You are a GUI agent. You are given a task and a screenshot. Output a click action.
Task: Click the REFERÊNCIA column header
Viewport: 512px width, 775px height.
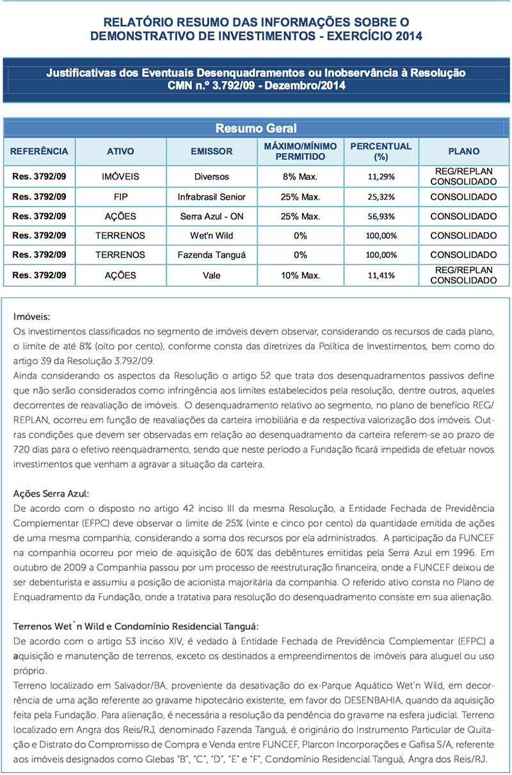pyautogui.click(x=39, y=152)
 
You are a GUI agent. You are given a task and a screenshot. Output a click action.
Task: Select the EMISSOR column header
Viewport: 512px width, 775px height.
pyautogui.click(x=211, y=152)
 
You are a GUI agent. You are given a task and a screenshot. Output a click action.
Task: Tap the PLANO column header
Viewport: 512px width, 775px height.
pyautogui.click(x=463, y=152)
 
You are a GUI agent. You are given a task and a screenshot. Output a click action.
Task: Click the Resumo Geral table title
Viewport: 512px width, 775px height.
pyautogui.click(x=256, y=128)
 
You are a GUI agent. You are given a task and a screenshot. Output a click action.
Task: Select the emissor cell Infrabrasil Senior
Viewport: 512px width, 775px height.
pyautogui.click(x=211, y=196)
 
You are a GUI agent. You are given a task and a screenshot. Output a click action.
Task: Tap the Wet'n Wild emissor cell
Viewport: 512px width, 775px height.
pyautogui.click(x=211, y=236)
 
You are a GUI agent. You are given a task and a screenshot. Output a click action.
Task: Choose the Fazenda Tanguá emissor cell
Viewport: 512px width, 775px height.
pyautogui.click(x=211, y=255)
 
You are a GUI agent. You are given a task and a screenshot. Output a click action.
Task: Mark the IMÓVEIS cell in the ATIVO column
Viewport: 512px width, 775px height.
pyautogui.click(x=121, y=176)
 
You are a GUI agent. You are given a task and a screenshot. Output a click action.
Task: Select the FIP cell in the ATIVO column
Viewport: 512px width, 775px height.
pyautogui.click(x=121, y=196)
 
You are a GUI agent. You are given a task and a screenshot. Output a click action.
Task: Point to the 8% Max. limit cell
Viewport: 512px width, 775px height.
pyautogui.click(x=300, y=176)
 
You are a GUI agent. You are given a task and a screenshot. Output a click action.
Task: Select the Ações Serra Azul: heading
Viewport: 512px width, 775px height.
pyautogui.click(x=51, y=493)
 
